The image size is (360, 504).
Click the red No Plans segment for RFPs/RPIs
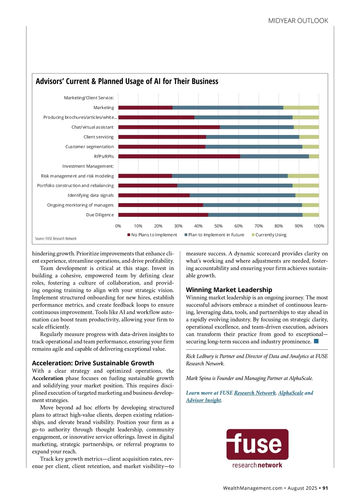(x=179, y=156)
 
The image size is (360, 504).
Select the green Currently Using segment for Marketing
(x=301, y=108)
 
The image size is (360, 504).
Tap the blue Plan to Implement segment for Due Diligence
(x=255, y=215)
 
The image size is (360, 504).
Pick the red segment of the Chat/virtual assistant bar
(x=169, y=127)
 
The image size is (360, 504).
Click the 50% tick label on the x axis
(x=218, y=226)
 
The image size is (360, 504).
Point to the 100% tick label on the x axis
(x=319, y=226)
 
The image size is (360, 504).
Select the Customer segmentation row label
(x=89, y=147)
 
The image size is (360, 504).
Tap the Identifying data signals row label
(x=91, y=195)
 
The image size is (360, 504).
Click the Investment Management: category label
(x=88, y=166)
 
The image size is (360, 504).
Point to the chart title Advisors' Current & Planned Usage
(x=127, y=81)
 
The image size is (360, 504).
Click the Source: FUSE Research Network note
(x=56, y=238)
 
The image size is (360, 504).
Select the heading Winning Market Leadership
(x=229, y=290)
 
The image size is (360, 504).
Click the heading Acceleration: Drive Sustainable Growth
(x=93, y=363)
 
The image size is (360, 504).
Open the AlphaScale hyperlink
(x=291, y=393)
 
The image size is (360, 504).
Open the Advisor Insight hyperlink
(x=203, y=400)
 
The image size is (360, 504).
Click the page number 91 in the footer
(x=325, y=488)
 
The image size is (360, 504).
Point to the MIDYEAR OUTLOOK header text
(x=298, y=21)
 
